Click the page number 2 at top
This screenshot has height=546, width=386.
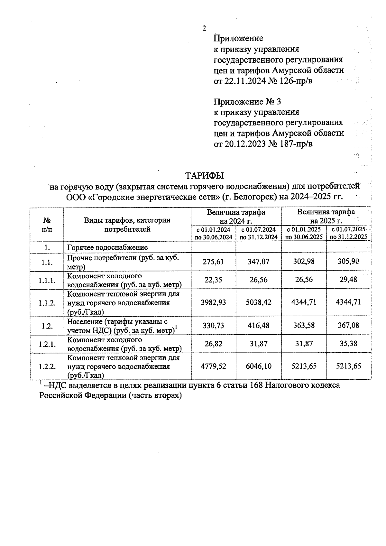pos(204,29)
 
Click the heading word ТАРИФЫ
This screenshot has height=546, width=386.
pos(204,176)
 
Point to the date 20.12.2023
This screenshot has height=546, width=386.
pos(245,143)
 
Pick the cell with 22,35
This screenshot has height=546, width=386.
pos(213,280)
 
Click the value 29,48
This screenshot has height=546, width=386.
pos(348,280)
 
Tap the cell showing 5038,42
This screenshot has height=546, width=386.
pos(258,302)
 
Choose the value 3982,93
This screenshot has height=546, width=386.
pos(213,302)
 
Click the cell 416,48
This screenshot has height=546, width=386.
pos(258,326)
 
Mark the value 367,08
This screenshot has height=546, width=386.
pos(348,326)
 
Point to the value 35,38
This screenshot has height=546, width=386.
pos(348,344)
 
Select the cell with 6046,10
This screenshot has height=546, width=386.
pos(258,366)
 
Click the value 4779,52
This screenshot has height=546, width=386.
pos(213,366)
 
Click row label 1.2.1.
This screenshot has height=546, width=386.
pos(47,344)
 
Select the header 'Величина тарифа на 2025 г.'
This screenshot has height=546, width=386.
pos(326,216)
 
